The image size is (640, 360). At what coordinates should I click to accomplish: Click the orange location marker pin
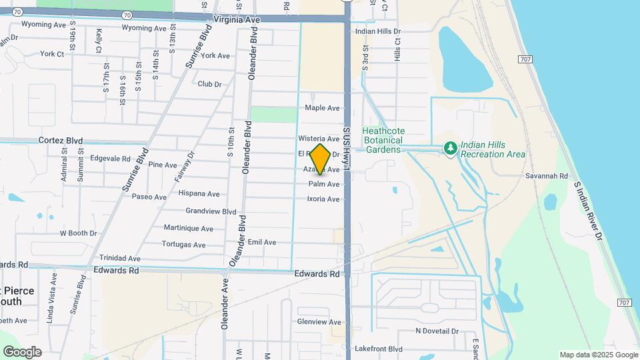coord(321,159)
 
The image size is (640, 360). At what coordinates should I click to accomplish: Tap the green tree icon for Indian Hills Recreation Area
coord(451,148)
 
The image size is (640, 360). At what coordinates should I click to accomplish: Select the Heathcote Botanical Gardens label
coord(383,140)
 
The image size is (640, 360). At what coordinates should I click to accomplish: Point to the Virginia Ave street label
coord(236,20)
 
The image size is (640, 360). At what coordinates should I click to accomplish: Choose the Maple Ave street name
coord(322,108)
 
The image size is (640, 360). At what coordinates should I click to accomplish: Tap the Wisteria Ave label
coord(319,139)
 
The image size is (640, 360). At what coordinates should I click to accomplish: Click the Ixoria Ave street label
coord(323,199)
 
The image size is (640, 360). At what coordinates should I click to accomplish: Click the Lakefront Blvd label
coord(378,349)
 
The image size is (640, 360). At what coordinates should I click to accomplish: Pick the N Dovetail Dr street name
coord(437,331)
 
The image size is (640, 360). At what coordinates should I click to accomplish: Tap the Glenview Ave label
coord(319,322)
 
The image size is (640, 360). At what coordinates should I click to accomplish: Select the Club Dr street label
coord(209,84)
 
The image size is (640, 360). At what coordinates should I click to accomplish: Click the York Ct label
coord(52,54)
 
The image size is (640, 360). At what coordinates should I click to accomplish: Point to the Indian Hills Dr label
coord(377,31)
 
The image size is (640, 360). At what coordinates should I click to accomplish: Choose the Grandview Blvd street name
coord(211,211)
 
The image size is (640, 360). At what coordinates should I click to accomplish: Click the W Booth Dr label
coord(79,233)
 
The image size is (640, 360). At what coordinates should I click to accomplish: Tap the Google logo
coord(22,351)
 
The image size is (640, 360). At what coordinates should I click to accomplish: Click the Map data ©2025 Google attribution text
coord(599,355)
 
